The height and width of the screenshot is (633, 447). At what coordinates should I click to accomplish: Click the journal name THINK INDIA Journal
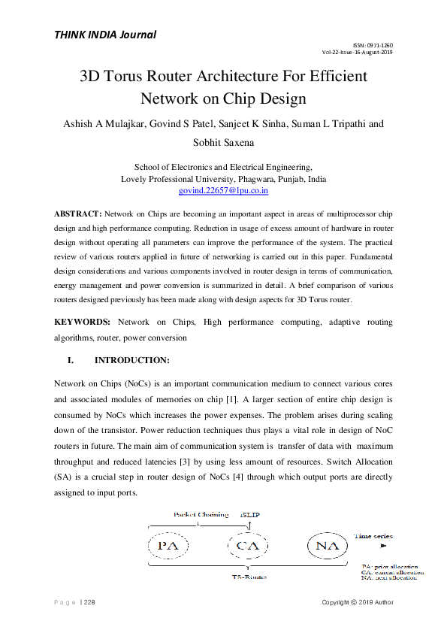104,34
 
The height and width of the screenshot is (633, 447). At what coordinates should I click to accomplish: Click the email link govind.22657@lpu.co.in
223,191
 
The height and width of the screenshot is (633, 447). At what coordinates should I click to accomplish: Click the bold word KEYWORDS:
83,321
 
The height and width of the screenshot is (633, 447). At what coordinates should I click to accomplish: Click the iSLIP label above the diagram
250,515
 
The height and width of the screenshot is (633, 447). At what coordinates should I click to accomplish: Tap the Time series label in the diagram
373,536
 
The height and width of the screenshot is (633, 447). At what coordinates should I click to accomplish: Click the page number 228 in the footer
89,602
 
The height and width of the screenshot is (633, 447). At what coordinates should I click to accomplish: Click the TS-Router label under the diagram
248,576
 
